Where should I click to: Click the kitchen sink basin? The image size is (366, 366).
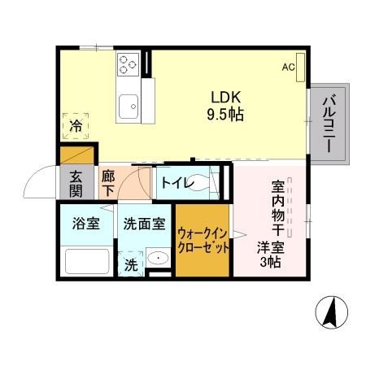(129, 105)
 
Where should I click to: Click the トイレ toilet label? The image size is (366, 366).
(176, 183)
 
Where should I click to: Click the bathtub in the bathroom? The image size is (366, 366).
(88, 261)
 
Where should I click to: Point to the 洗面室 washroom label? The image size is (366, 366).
(144, 222)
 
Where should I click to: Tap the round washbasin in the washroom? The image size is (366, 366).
(156, 259)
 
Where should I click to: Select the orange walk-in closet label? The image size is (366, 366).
(203, 239)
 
